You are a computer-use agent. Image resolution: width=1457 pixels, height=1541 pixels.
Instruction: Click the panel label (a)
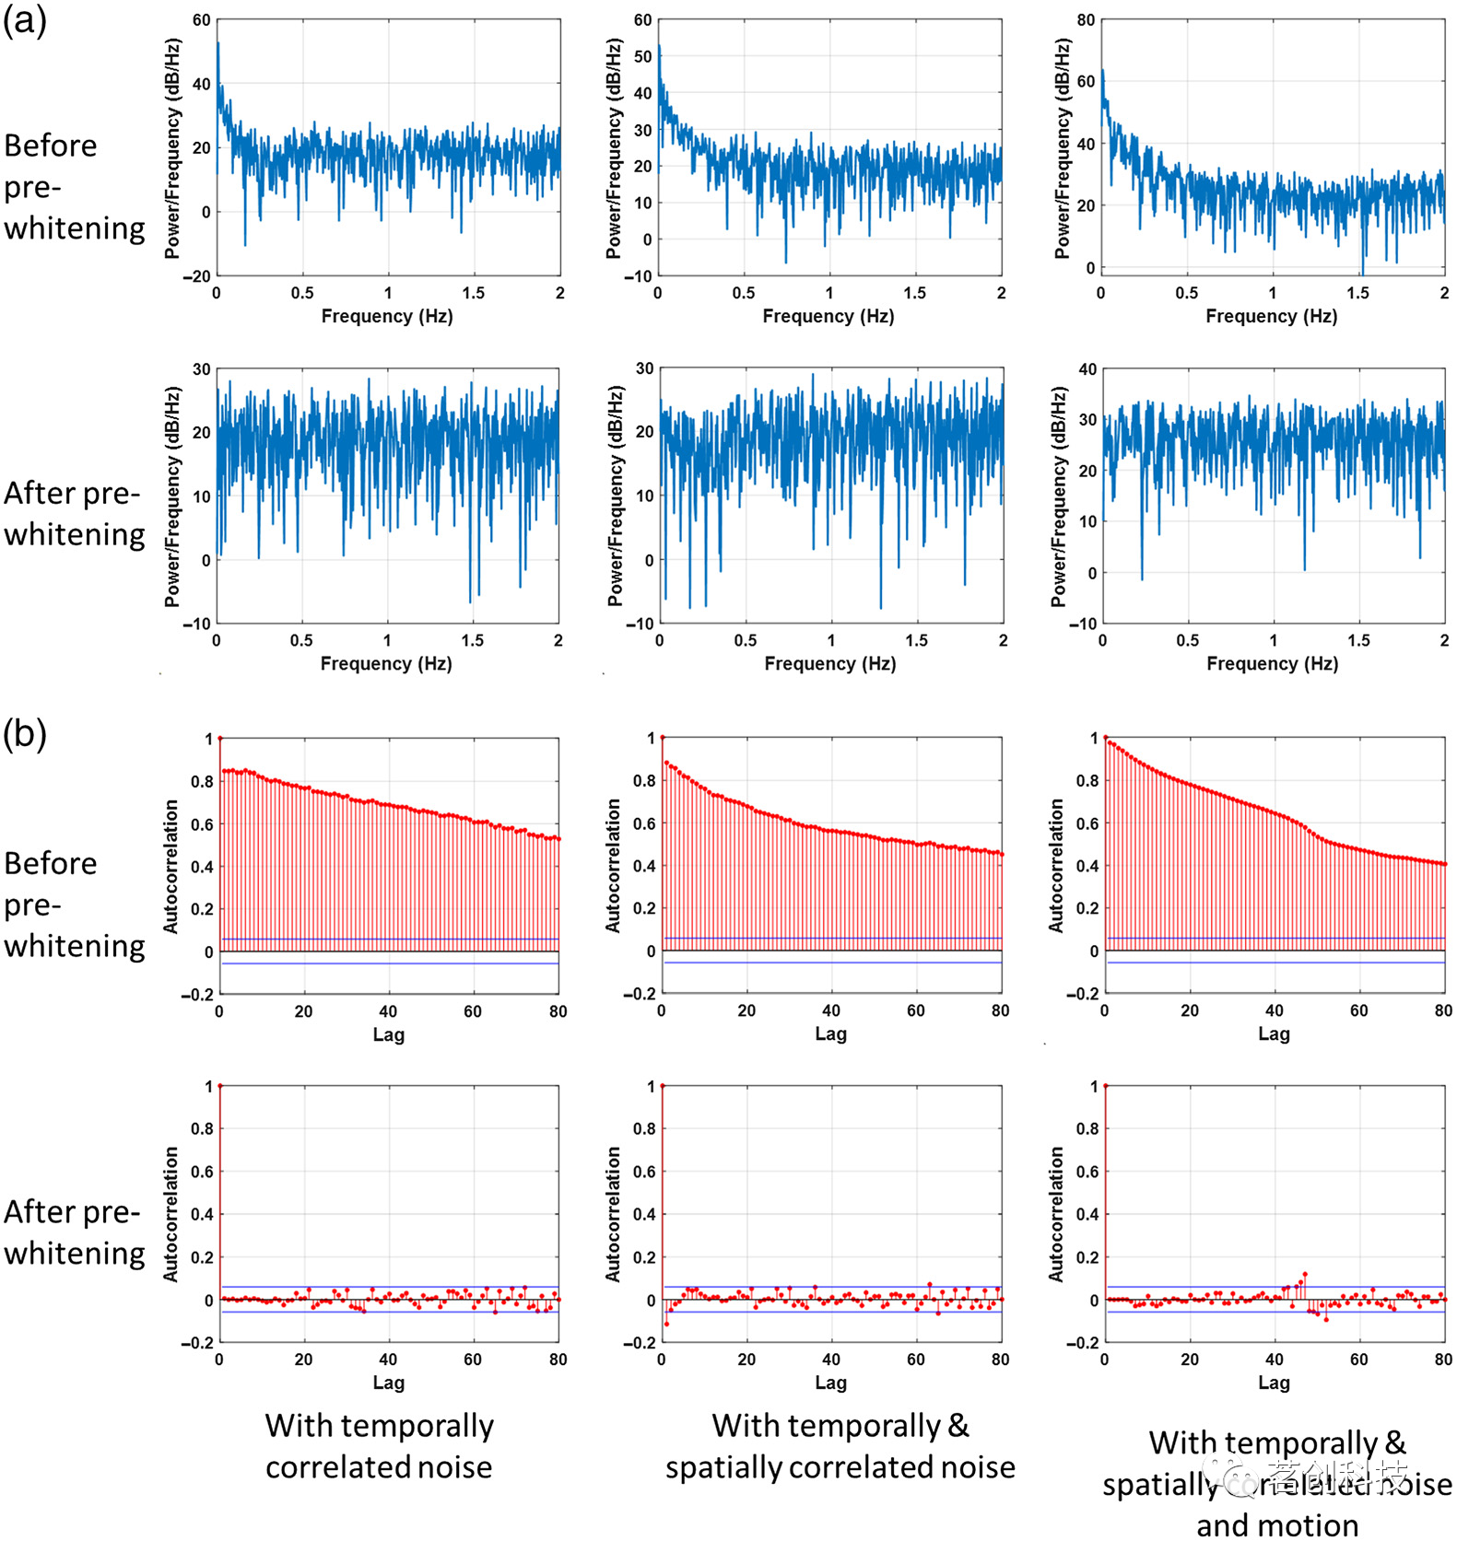[25, 20]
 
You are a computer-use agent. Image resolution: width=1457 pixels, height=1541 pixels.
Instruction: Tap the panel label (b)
[25, 734]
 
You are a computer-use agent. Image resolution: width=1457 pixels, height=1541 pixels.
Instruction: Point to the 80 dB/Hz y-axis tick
[1086, 20]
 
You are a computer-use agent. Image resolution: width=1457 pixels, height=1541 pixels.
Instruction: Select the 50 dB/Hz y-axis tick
[642, 56]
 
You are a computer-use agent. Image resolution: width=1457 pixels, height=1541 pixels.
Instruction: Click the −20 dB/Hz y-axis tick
[196, 275]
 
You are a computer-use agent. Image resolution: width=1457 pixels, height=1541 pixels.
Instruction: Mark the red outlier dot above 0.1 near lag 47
[1304, 1274]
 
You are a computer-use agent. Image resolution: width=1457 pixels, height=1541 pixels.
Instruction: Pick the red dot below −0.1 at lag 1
[666, 1324]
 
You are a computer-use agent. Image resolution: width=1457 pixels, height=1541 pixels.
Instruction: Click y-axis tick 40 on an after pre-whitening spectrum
[1087, 369]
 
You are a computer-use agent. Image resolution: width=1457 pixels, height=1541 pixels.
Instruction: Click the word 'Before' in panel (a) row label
[51, 146]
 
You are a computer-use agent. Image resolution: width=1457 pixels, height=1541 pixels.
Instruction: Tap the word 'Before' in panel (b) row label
[51, 863]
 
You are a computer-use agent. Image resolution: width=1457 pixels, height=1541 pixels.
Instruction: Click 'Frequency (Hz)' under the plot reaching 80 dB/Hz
[1271, 316]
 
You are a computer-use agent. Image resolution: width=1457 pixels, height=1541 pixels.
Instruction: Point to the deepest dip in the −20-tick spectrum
[244, 245]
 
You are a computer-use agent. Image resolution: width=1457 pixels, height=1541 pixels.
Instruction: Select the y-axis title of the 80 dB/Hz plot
[1062, 147]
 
